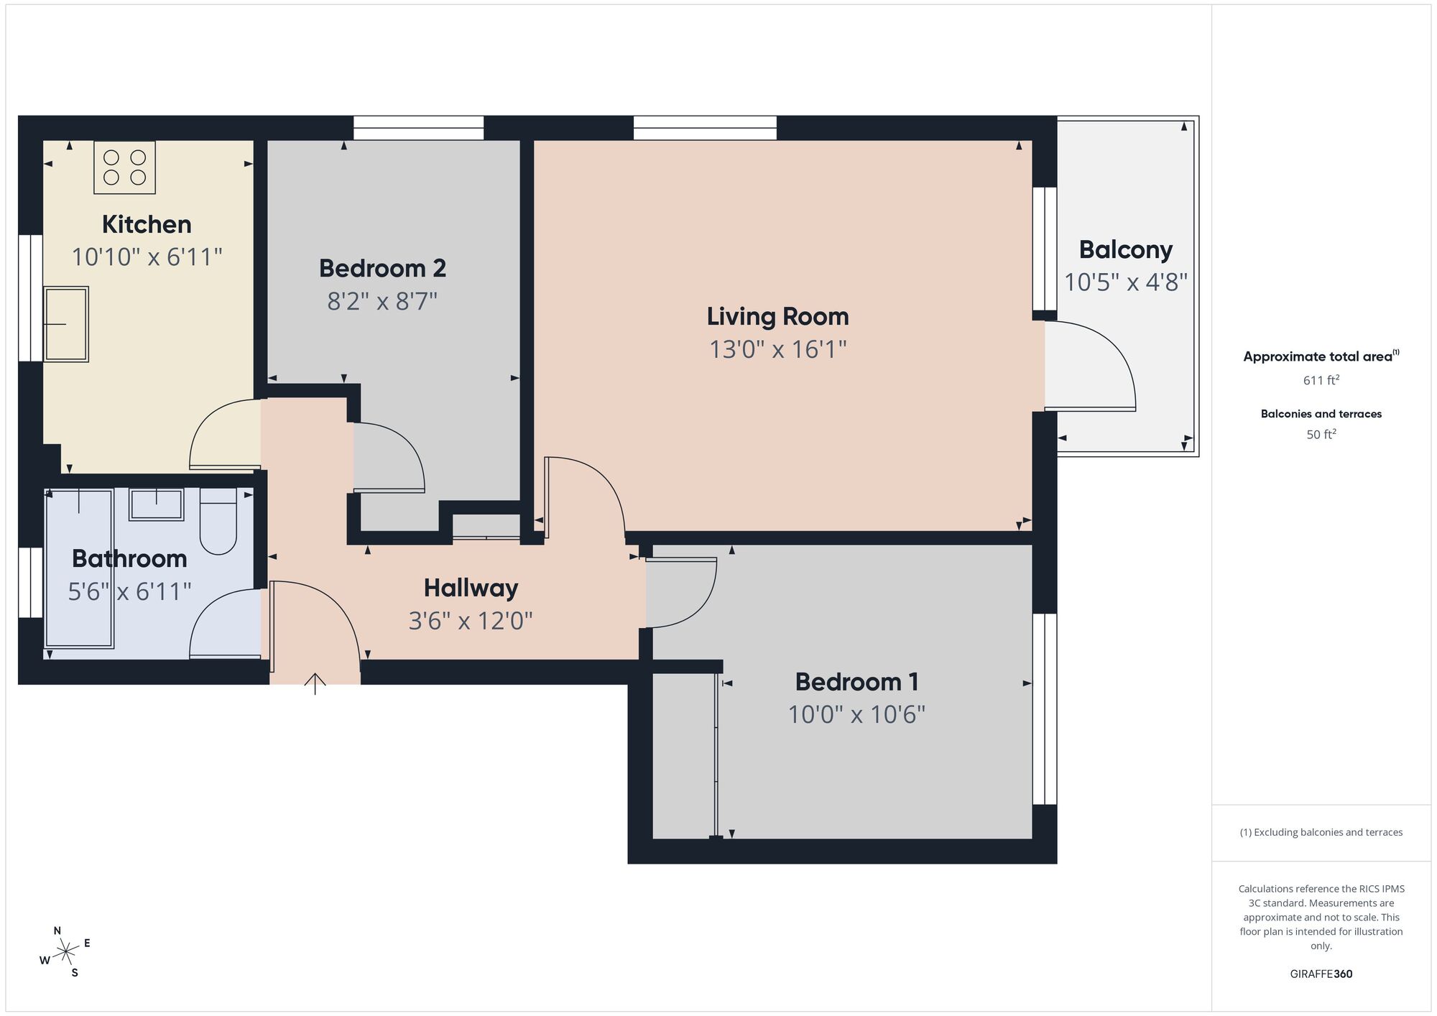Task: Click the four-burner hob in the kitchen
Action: pos(124,167)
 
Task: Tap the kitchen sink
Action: pos(66,324)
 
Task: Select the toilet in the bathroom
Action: pos(218,521)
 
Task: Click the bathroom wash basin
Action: pos(156,504)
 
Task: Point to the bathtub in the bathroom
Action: pos(79,568)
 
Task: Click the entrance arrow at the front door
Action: pos(315,683)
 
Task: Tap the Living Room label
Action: pos(777,316)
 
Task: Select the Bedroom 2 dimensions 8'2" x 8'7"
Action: pos(382,301)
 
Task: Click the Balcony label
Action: pos(1125,249)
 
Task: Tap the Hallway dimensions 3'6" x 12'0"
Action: pos(471,620)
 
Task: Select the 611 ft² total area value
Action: pos(1321,380)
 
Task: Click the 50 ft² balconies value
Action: pos(1321,434)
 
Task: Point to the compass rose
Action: pos(65,952)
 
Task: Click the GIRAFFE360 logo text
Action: pos(1321,974)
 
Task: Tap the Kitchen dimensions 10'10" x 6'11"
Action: pos(147,257)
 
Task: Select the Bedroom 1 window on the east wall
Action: pos(1045,708)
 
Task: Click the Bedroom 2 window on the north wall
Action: pos(418,128)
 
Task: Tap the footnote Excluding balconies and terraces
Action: pos(1321,832)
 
